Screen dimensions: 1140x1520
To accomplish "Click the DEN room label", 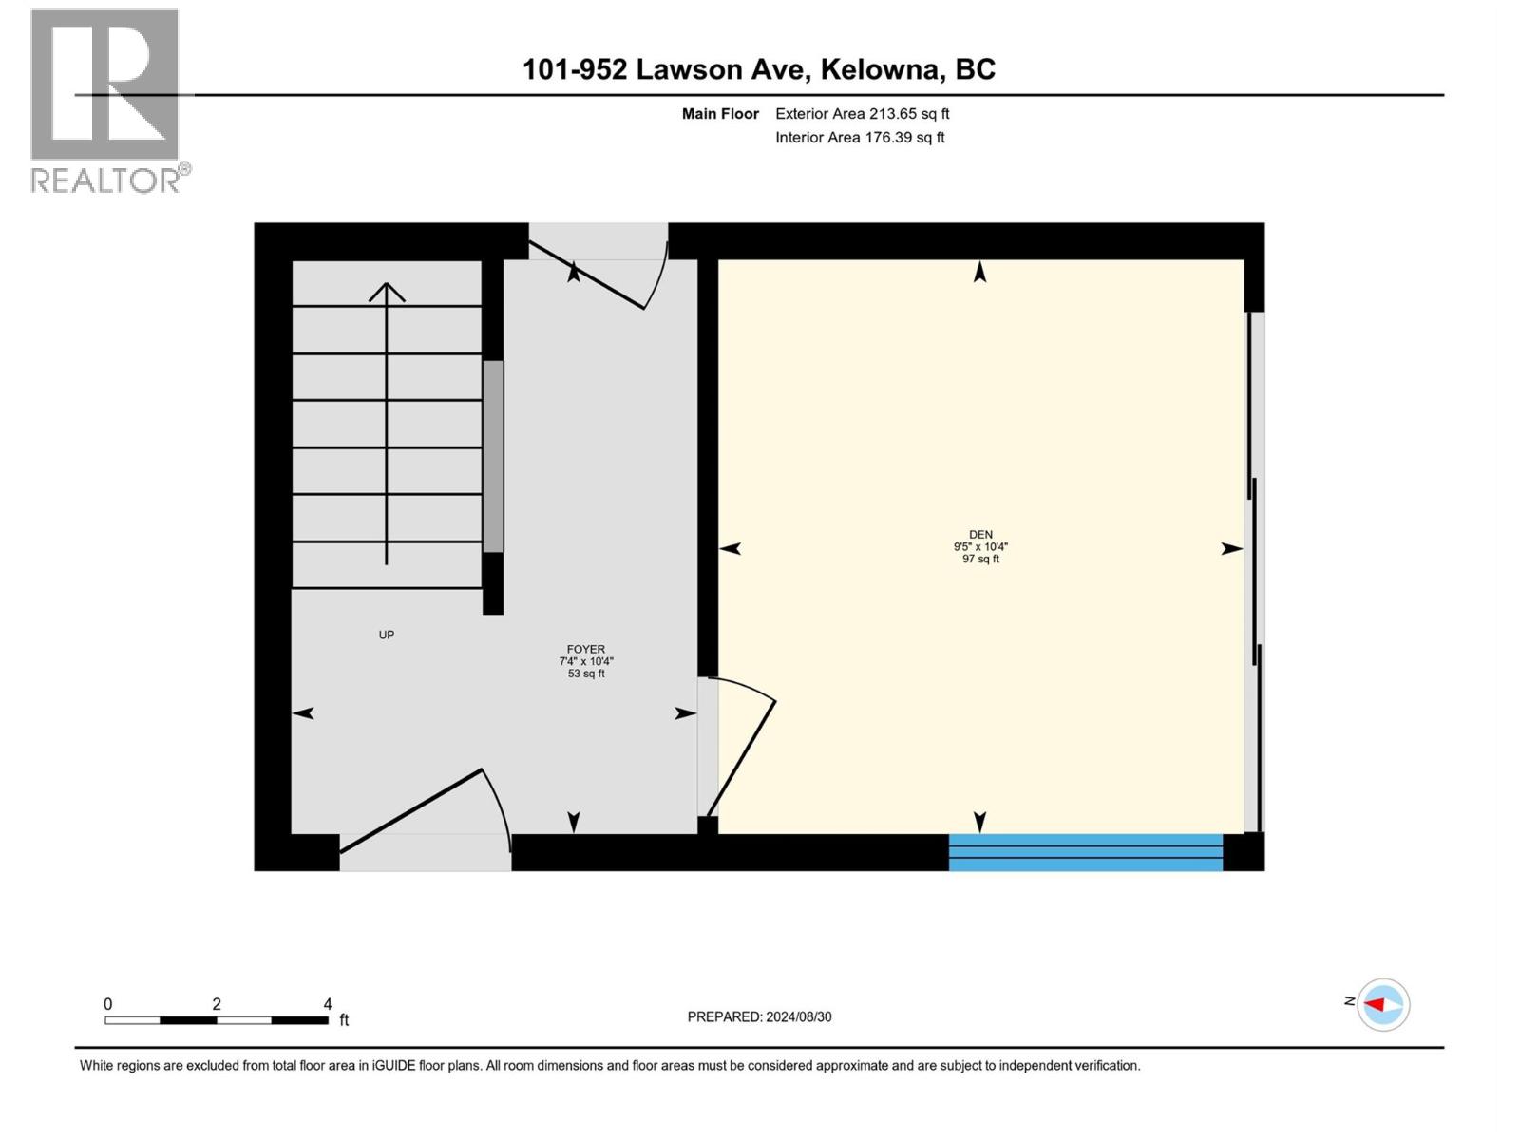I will [980, 535].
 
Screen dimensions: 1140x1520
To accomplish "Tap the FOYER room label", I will [586, 650].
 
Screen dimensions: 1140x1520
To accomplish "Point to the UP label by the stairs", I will [386, 635].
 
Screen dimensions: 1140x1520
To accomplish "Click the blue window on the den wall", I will [1085, 852].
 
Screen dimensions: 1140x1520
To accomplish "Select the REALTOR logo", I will [106, 100].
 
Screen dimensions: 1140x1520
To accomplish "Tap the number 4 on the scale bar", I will [328, 1004].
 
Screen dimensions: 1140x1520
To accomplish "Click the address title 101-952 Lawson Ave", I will [758, 69].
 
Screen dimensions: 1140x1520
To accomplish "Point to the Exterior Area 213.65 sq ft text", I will [862, 114].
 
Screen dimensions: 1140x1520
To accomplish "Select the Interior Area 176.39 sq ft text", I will [860, 138].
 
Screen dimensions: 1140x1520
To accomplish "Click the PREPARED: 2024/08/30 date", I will [759, 1016].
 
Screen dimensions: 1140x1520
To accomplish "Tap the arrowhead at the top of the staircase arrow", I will [387, 290].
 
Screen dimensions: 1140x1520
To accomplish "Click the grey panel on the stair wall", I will [493, 456].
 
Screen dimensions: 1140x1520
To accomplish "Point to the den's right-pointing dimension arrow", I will [1231, 548].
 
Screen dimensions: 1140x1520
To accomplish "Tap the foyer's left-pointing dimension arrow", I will [303, 713].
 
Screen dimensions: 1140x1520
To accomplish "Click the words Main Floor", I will [720, 114].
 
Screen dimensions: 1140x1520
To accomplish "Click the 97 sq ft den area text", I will [980, 560].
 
